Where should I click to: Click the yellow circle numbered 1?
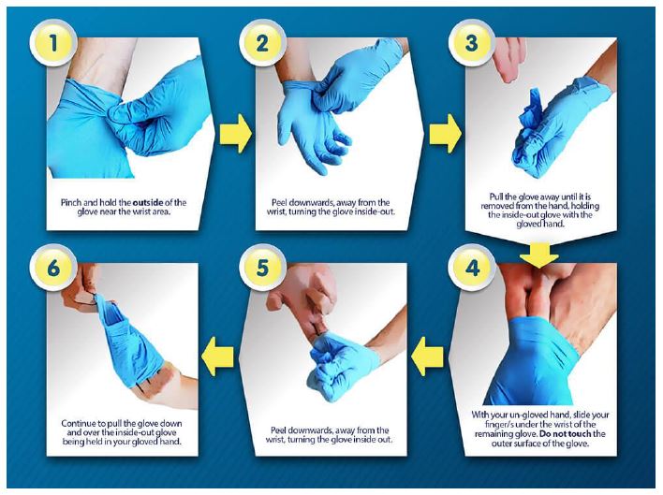(53, 43)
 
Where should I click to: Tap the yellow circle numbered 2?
(262, 43)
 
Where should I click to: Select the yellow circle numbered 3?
(471, 43)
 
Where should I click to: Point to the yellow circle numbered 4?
(472, 268)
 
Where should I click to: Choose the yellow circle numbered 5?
(262, 268)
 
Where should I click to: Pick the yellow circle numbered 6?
(53, 268)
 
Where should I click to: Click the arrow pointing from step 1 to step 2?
(236, 134)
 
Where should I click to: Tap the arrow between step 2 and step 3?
(446, 134)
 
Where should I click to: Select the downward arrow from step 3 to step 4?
(539, 255)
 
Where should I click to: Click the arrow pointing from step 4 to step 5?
(427, 357)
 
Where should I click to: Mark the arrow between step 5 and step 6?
(218, 357)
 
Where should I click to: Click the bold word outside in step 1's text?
(148, 202)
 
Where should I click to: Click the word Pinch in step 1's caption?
(70, 202)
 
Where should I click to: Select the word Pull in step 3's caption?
(496, 197)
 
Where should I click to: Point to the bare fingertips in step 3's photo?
(508, 59)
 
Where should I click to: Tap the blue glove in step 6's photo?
(129, 342)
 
